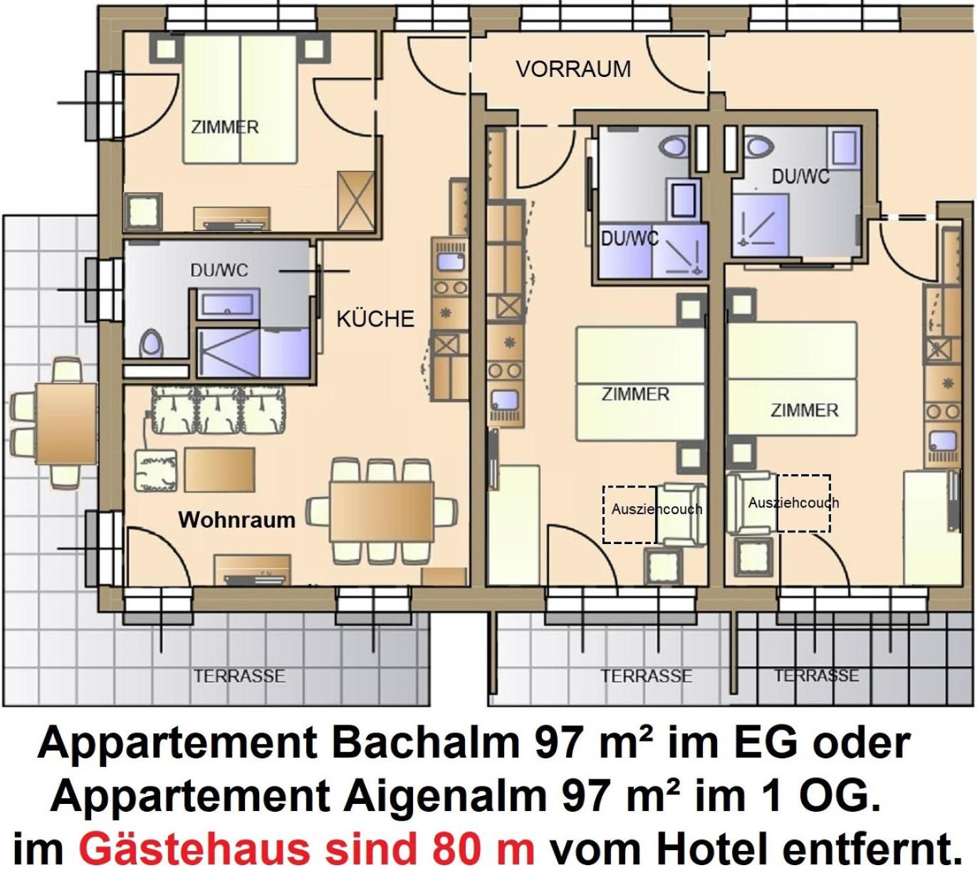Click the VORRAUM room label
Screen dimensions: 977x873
coord(573,69)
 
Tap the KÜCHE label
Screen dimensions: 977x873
coord(375,319)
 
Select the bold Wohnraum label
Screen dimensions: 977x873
coord(237,520)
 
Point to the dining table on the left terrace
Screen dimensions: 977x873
coord(66,424)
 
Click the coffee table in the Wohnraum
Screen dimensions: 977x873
coord(220,470)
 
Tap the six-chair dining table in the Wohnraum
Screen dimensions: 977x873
coord(382,511)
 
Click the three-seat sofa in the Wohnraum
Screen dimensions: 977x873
coord(218,410)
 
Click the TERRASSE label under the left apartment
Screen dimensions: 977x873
coord(239,676)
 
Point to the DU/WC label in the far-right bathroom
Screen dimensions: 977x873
coord(800,177)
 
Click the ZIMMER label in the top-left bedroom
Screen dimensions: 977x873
coord(225,127)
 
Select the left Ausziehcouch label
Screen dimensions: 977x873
coord(657,509)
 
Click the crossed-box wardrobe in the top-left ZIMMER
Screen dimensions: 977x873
coord(355,201)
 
